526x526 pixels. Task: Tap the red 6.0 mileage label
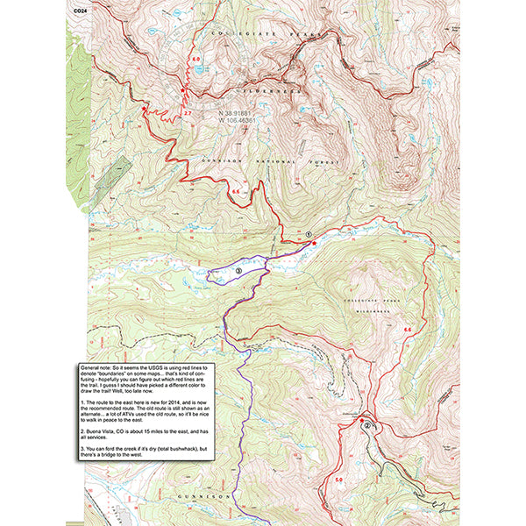point(195,59)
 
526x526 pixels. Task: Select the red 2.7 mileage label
point(188,113)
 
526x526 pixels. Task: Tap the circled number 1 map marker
point(309,233)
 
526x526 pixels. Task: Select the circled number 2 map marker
point(367,425)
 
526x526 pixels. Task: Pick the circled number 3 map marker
point(238,272)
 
